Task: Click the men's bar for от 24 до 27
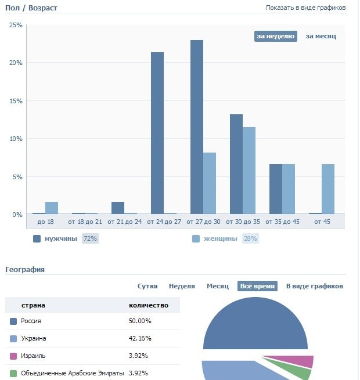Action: coord(157,133)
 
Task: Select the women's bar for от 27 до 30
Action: coord(210,183)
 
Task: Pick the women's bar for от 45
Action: coord(328,189)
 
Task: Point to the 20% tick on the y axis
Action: coord(15,63)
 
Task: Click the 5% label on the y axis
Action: coord(17,177)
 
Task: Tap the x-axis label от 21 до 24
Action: coord(124,222)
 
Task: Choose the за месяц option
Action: coord(321,36)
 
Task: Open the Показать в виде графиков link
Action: coord(305,8)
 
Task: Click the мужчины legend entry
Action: coord(60,238)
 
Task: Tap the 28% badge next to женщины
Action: coord(250,238)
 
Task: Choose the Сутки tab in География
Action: coord(147,286)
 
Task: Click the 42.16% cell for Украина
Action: coord(140,338)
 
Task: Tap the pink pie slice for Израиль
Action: coord(303,361)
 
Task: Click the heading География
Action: coord(25,269)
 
